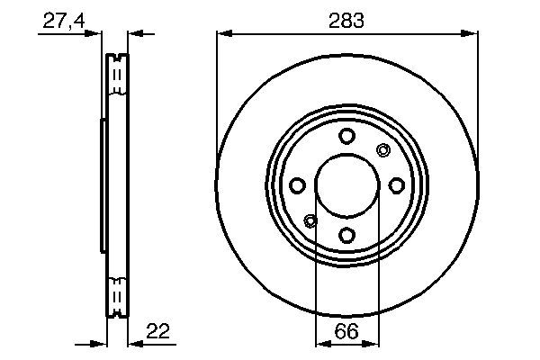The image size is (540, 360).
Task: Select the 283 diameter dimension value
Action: [x=346, y=20]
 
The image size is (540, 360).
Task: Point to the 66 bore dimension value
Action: [x=347, y=332]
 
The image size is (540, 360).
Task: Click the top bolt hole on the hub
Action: [x=346, y=136]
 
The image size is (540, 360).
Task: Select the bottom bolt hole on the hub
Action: [x=346, y=235]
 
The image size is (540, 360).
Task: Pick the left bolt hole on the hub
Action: [x=297, y=185]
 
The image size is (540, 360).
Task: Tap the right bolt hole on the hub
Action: [x=396, y=185]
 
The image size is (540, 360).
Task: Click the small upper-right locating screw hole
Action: [x=382, y=150]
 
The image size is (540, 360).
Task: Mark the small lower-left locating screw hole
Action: [x=311, y=220]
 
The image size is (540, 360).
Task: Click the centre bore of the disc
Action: [x=346, y=185]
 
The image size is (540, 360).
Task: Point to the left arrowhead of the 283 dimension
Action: [x=223, y=34]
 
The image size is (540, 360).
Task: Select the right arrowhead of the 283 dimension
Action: [x=470, y=34]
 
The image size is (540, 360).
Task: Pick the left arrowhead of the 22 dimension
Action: [x=100, y=343]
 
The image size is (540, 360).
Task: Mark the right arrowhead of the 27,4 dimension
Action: [x=135, y=34]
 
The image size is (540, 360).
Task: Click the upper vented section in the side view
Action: [x=116, y=76]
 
